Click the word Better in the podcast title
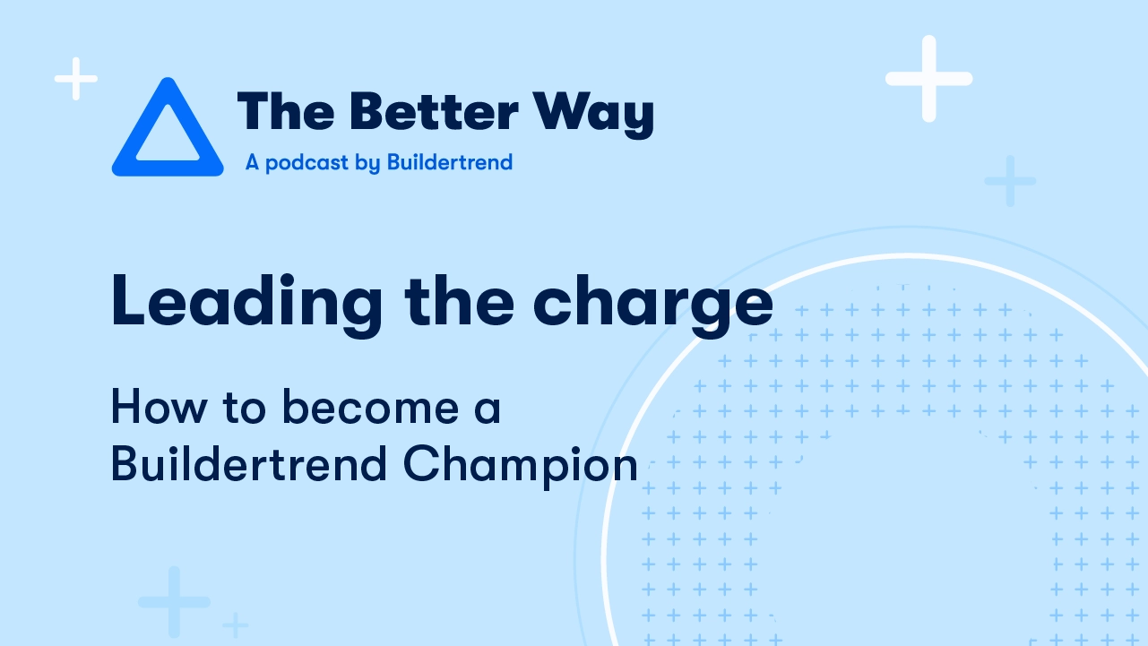(x=434, y=112)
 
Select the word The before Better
(x=286, y=111)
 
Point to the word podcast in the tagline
(x=306, y=163)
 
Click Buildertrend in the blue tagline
(x=450, y=162)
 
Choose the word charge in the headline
(x=653, y=306)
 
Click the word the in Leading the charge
(x=459, y=300)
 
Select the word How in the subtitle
(x=160, y=407)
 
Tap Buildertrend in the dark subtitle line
(x=248, y=463)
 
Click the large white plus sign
(x=928, y=78)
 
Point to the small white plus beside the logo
(x=76, y=78)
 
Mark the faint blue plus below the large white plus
(x=1010, y=181)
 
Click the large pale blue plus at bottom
(x=174, y=602)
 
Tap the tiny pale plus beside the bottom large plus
(x=236, y=625)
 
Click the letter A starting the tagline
(x=252, y=162)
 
